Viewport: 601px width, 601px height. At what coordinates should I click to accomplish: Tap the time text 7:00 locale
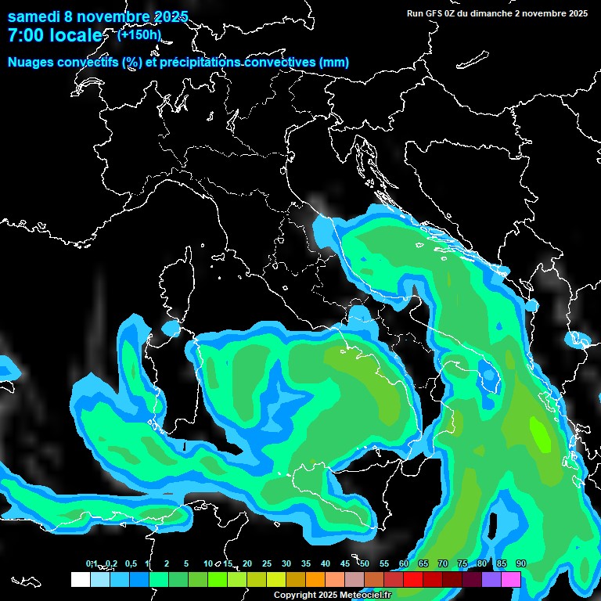click(x=55, y=35)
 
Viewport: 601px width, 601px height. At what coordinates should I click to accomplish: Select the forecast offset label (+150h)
click(x=139, y=34)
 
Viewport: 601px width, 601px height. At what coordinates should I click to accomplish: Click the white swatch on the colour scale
click(x=80, y=579)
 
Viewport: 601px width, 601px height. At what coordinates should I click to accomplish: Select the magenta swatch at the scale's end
click(x=511, y=579)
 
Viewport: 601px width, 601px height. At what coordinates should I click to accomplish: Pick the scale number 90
click(x=521, y=564)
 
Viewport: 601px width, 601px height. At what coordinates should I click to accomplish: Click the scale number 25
click(x=267, y=564)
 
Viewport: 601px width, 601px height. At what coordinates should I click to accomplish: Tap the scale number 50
click(x=365, y=564)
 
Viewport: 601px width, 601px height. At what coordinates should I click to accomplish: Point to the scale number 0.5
click(x=130, y=564)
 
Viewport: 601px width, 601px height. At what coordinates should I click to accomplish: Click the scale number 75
click(x=462, y=564)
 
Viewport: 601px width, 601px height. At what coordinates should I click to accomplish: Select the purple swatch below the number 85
click(x=491, y=579)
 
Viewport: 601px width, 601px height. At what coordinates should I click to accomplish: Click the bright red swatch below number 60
click(x=413, y=579)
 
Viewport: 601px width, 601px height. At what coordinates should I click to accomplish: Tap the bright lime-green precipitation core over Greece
click(x=540, y=433)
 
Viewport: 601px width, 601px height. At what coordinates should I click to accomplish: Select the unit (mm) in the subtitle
click(x=334, y=63)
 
